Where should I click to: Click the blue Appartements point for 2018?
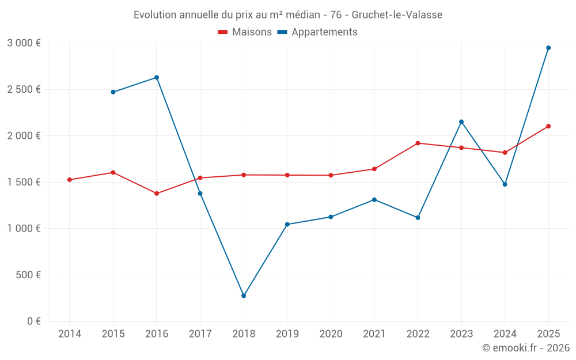(244, 295)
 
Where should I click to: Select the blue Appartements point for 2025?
(548, 48)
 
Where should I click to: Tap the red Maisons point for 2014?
(70, 180)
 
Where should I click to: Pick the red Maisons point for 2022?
(418, 143)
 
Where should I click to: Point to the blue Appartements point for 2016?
(157, 77)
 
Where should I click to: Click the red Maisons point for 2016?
(157, 194)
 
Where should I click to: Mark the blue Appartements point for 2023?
(461, 122)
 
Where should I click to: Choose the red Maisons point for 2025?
(548, 126)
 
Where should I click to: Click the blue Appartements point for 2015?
(113, 92)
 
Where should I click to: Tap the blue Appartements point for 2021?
(374, 200)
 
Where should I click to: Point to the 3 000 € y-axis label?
(24, 43)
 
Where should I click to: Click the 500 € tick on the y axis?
(28, 275)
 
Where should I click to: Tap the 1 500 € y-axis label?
(24, 182)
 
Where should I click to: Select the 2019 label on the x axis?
(287, 334)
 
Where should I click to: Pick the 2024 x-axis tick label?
(505, 334)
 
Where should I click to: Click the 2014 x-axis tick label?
(70, 334)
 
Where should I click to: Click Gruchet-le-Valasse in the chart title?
(397, 15)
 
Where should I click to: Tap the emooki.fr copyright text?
(525, 348)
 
